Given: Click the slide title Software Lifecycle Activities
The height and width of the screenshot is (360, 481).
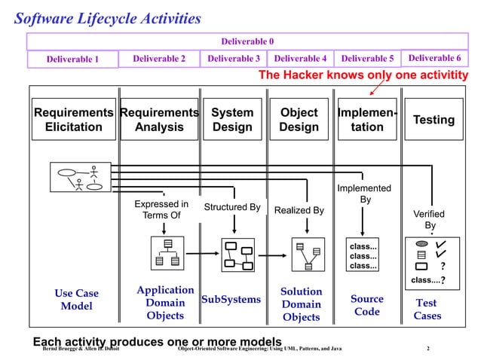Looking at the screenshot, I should tap(108, 18).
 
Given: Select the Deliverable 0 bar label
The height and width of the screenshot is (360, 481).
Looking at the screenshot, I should tap(247, 41).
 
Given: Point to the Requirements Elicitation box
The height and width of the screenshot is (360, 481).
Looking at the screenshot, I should tap(73, 120).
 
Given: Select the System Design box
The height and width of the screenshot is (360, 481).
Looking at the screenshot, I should tap(231, 120).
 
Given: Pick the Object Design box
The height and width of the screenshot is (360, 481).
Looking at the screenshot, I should tap(299, 120).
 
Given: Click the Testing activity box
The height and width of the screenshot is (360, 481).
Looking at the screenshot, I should tap(434, 120).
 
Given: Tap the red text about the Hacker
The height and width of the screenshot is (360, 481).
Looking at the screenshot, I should tap(363, 75).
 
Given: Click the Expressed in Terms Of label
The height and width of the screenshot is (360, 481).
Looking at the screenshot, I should tap(161, 209).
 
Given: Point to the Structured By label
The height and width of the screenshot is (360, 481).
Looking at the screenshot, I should tap(232, 208).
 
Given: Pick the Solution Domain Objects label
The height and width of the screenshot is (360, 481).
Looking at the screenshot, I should tap(301, 304).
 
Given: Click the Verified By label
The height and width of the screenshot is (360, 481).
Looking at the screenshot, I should tap(429, 219).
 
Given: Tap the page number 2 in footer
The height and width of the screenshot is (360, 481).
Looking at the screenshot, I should tap(428, 349).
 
